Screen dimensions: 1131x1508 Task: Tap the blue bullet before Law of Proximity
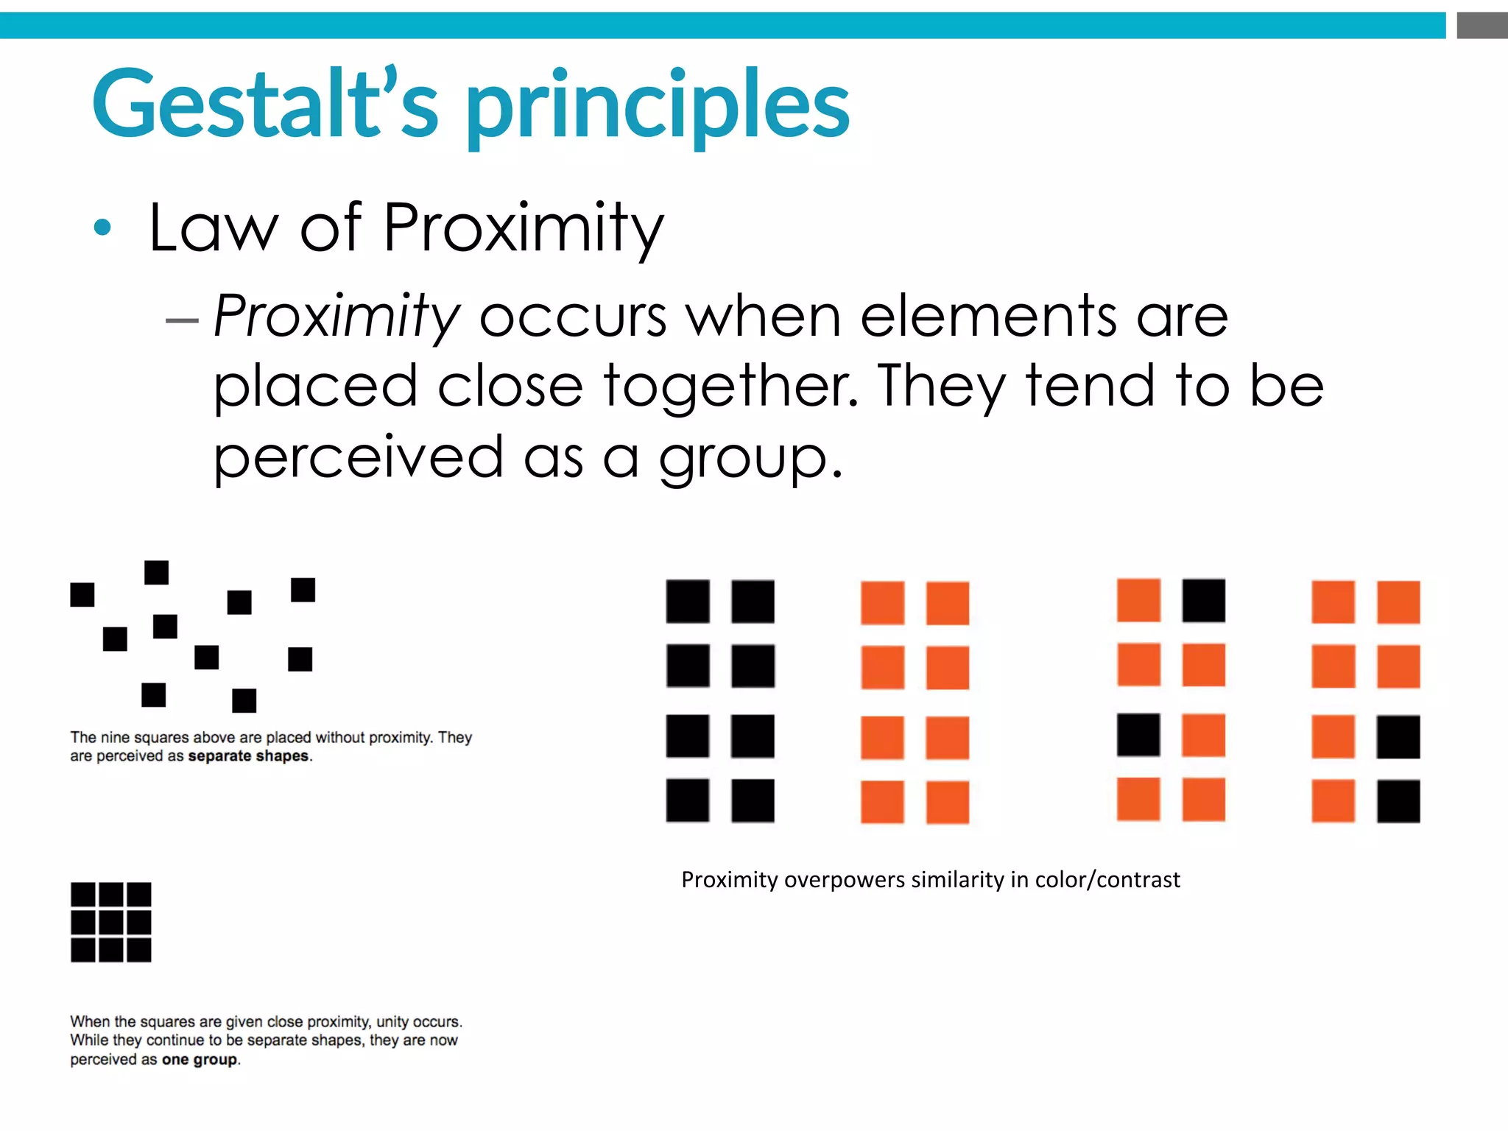pos(102,228)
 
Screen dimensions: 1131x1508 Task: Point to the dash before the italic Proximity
pos(182,320)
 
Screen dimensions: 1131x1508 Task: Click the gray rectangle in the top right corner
pos(1481,25)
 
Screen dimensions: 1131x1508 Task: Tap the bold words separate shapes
pos(249,756)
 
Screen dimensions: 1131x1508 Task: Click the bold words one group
pos(200,1060)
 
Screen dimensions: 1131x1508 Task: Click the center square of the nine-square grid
pos(111,922)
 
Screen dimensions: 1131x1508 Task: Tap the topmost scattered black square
pos(156,572)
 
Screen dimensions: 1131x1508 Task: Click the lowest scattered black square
pos(244,700)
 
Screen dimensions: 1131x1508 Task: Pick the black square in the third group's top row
pos(1204,601)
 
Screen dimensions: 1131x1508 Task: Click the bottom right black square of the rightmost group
pos(1398,801)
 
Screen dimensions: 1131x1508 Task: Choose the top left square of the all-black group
pos(688,602)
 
